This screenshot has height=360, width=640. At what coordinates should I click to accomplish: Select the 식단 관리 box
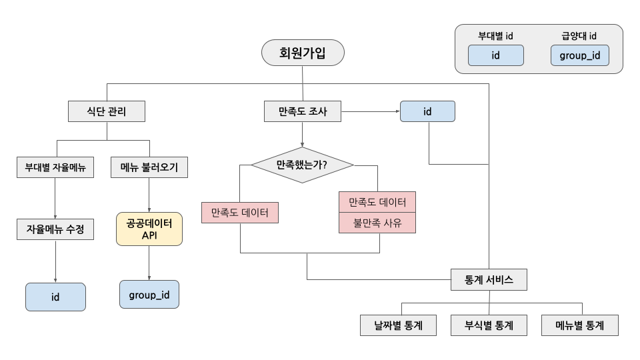tap(107, 111)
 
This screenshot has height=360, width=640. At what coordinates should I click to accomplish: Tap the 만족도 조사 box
tap(303, 111)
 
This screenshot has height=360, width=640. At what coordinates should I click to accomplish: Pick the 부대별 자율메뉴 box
tap(55, 167)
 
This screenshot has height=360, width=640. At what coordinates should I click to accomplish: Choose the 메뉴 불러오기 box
tap(149, 167)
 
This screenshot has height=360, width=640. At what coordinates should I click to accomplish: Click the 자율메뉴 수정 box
tap(55, 230)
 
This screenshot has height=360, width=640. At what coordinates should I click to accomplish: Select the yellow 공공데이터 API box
tap(149, 229)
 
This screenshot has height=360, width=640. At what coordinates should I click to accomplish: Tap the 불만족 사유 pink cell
tap(377, 223)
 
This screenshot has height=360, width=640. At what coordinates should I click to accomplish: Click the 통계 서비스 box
tap(489, 279)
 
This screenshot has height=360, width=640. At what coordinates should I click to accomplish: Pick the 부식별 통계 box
tap(489, 325)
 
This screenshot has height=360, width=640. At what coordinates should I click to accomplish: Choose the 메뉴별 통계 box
tap(579, 325)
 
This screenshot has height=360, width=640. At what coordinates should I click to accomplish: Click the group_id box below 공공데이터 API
tap(149, 294)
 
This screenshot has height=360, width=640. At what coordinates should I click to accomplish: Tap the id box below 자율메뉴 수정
tap(55, 297)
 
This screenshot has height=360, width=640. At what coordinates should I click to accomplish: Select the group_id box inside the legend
tap(579, 55)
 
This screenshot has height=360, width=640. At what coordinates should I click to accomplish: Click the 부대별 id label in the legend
tap(495, 36)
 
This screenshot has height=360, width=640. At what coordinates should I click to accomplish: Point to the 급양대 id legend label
tap(579, 36)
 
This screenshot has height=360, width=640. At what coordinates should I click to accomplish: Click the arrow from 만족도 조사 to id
tap(371, 111)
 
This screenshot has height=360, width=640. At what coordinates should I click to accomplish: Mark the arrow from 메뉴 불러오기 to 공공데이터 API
tap(149, 195)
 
